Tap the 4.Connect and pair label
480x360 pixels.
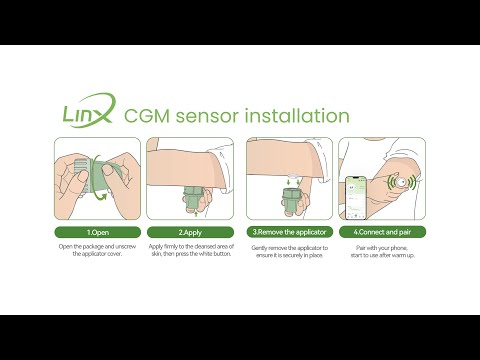384,232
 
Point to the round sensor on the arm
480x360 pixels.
402,183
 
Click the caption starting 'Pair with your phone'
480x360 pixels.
384,251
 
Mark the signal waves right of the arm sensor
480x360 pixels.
418,182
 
